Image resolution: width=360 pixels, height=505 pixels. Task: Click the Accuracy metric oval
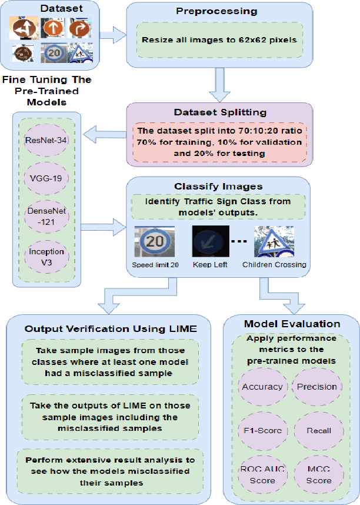(x=262, y=387)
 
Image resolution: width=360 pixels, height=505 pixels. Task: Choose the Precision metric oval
(x=316, y=387)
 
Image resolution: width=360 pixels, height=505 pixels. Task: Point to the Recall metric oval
(x=318, y=430)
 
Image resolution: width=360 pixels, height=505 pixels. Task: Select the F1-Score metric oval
(x=262, y=430)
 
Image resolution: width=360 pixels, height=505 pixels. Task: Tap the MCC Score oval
(x=319, y=474)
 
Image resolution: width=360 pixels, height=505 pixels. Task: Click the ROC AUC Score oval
(x=262, y=474)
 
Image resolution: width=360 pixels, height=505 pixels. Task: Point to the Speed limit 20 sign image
(x=156, y=242)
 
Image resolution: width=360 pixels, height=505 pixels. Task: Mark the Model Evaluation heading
(x=292, y=324)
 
